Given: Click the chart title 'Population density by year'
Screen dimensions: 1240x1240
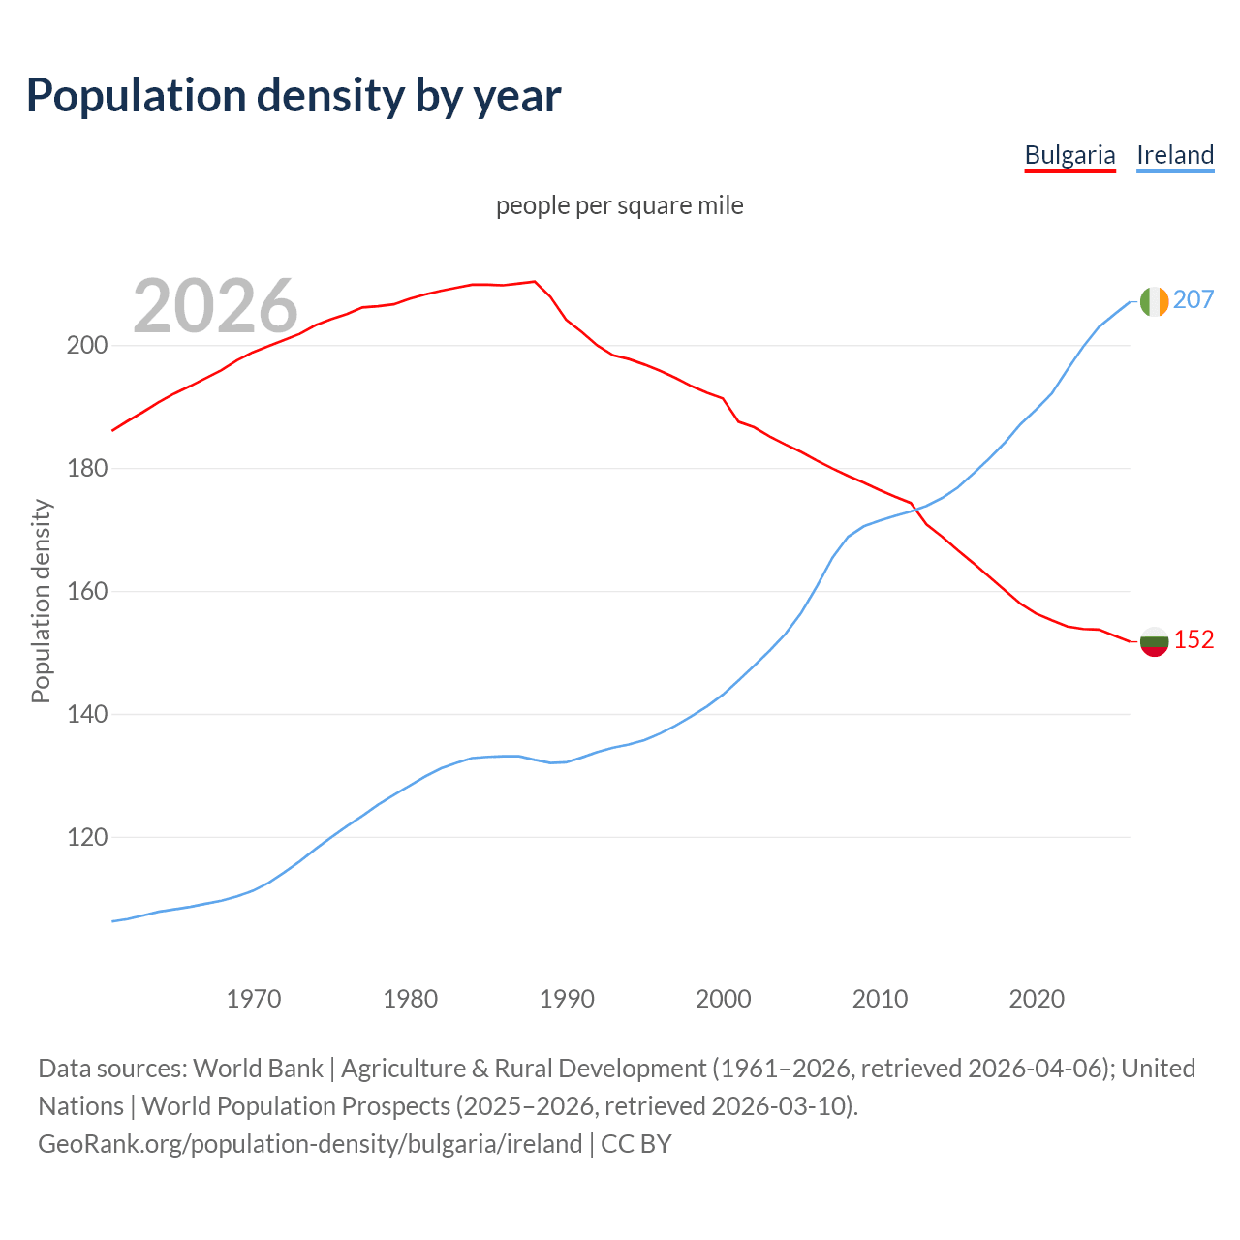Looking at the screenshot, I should [294, 96].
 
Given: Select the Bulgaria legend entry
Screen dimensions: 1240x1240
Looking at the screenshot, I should [1069, 155].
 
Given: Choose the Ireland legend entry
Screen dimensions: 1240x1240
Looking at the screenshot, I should [1175, 155].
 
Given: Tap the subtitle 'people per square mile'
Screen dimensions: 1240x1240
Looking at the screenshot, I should [619, 205].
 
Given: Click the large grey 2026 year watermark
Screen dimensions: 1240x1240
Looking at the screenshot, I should [215, 306].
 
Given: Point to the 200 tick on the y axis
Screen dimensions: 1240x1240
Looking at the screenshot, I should [86, 346].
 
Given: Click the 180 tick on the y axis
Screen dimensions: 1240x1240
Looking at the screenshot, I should [86, 469].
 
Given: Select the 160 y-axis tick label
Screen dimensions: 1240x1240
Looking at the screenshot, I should [86, 592].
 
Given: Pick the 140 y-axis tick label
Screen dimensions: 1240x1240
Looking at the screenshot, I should [86, 715].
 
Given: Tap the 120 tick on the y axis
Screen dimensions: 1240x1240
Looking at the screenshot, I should [86, 838].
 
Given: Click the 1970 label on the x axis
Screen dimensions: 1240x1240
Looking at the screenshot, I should [254, 999].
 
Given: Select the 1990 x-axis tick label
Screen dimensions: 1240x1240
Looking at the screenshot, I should [567, 999].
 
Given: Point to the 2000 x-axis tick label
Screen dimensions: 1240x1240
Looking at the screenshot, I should [724, 999].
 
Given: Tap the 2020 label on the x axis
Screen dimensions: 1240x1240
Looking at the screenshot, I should [1037, 999].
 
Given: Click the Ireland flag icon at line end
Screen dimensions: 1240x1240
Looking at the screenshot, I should [1154, 301].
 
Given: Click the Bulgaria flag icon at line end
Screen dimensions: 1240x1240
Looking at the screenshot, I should [1154, 641].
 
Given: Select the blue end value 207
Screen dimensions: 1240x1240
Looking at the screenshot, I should [1193, 300].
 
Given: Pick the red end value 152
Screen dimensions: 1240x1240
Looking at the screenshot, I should [1193, 640].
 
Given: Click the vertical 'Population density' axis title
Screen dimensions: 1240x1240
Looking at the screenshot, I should [41, 601].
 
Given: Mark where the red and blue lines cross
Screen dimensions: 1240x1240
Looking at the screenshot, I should [914, 509].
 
